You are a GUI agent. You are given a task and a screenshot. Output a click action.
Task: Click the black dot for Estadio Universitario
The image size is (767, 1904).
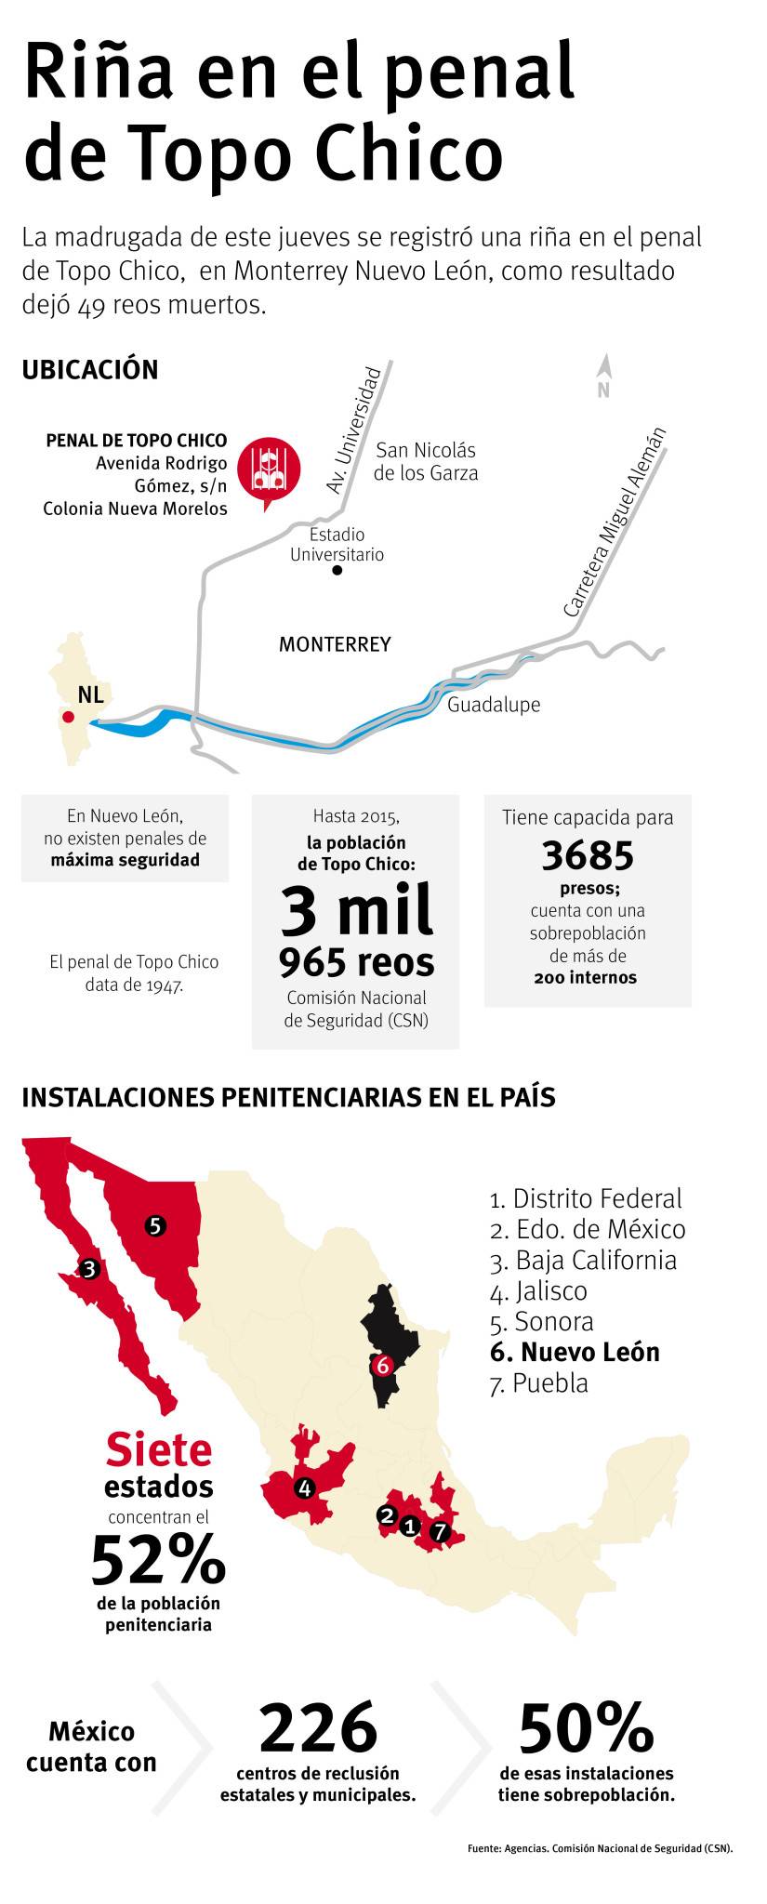(x=337, y=570)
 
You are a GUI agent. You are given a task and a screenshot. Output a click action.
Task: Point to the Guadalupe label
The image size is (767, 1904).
(x=494, y=705)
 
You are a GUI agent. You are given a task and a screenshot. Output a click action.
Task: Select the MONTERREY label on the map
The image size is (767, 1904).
(x=335, y=644)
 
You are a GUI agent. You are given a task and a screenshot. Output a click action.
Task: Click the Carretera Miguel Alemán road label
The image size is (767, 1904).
(x=615, y=522)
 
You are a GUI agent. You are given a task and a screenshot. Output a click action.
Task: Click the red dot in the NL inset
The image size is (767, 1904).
(x=68, y=717)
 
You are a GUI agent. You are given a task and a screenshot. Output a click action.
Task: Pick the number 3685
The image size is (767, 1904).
(x=588, y=855)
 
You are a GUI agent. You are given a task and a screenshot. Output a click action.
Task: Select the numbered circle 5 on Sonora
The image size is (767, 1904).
(x=155, y=1225)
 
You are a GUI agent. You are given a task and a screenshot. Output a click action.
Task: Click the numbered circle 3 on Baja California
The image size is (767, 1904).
(x=89, y=1268)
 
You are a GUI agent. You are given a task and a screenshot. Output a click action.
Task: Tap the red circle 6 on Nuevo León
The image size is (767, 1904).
(x=382, y=1366)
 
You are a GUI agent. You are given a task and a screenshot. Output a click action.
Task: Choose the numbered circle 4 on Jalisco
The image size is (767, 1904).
(x=304, y=1488)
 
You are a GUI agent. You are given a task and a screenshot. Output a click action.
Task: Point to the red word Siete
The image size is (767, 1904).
(x=158, y=1448)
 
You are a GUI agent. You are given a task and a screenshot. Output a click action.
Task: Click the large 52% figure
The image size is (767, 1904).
(x=158, y=1559)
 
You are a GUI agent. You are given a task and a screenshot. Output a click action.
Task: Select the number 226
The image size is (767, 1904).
(x=318, y=1727)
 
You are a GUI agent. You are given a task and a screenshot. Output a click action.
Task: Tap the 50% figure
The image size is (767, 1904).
(x=587, y=1727)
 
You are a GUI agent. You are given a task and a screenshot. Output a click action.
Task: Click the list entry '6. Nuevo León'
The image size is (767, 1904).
(x=575, y=1352)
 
